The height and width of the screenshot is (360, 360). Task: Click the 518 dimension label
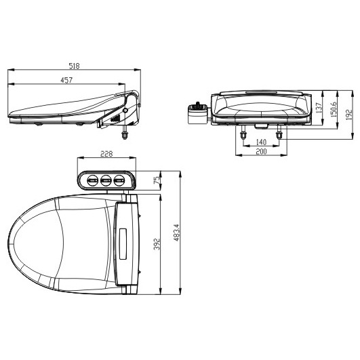[x=74, y=66]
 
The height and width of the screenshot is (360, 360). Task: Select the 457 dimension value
[x=66, y=80]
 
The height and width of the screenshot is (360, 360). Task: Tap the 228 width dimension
[x=106, y=154]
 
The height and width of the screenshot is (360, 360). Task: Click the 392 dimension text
[x=157, y=244]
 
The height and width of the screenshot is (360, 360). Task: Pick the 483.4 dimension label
[x=176, y=233]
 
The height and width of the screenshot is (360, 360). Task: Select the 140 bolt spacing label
[x=261, y=142]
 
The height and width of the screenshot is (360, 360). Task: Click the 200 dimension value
[x=261, y=152]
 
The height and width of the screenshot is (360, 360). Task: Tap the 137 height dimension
[x=319, y=108]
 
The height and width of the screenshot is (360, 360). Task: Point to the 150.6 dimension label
[x=334, y=110]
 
